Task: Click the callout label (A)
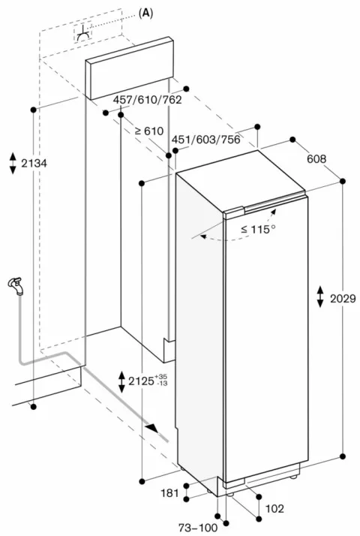click(x=145, y=13)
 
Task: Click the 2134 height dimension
click(x=34, y=164)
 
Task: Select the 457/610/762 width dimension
click(x=147, y=100)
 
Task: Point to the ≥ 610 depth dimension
click(x=149, y=131)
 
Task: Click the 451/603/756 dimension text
click(x=205, y=140)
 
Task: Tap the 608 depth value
click(x=316, y=158)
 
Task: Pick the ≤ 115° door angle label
click(x=258, y=229)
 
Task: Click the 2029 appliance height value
click(x=343, y=299)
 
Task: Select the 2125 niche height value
click(x=141, y=381)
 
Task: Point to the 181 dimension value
click(x=169, y=493)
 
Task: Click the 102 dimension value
click(x=274, y=509)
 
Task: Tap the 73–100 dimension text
click(x=198, y=528)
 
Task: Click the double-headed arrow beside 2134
click(x=13, y=164)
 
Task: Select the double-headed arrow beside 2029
click(x=320, y=297)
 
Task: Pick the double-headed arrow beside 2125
click(x=121, y=381)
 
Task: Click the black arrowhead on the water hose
click(x=152, y=428)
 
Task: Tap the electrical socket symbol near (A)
click(x=83, y=33)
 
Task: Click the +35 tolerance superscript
click(x=161, y=377)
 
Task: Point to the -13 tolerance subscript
click(x=161, y=383)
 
